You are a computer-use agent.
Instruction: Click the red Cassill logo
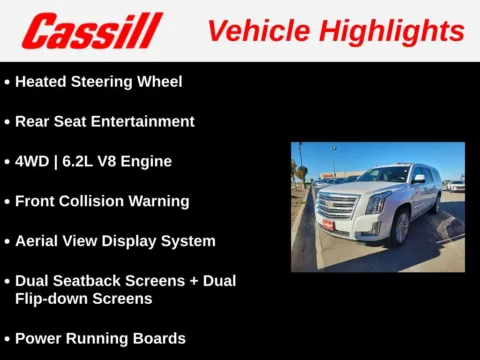click(x=92, y=31)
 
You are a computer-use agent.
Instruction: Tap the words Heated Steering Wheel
click(x=98, y=81)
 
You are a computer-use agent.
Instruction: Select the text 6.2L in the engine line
click(x=86, y=161)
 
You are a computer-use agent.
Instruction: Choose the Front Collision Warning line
click(x=102, y=201)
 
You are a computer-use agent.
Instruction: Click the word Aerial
click(x=38, y=241)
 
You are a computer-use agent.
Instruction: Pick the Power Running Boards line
click(x=100, y=338)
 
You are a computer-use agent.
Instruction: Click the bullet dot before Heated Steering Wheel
click(x=7, y=82)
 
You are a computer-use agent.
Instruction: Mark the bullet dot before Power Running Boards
click(x=7, y=339)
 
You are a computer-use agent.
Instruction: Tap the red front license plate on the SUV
click(x=327, y=225)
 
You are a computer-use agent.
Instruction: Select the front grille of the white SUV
click(x=337, y=205)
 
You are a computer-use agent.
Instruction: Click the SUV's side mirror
click(x=420, y=180)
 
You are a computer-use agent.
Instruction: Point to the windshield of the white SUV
click(x=382, y=175)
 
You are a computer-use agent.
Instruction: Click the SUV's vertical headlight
click(x=376, y=204)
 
